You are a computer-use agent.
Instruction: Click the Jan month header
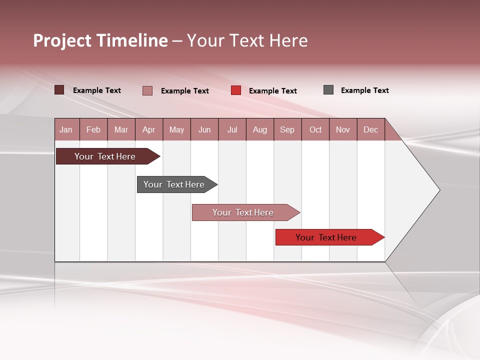(x=66, y=129)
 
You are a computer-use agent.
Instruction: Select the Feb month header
(x=93, y=129)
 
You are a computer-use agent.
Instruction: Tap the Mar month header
(x=121, y=129)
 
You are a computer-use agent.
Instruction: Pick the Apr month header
(x=149, y=129)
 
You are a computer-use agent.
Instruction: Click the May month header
(x=176, y=129)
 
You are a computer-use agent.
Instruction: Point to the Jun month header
(x=204, y=129)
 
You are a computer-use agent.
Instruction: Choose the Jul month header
(x=232, y=129)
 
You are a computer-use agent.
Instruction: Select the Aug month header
(x=260, y=129)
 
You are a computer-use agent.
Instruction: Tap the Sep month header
(x=287, y=129)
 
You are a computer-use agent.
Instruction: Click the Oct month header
(x=315, y=129)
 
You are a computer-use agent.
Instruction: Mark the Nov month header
(x=343, y=129)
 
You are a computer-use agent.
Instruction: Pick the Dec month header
(x=371, y=129)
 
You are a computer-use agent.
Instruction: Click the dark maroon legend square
(x=59, y=90)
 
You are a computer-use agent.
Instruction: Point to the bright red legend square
(x=236, y=90)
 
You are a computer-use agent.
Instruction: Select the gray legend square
(x=328, y=90)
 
